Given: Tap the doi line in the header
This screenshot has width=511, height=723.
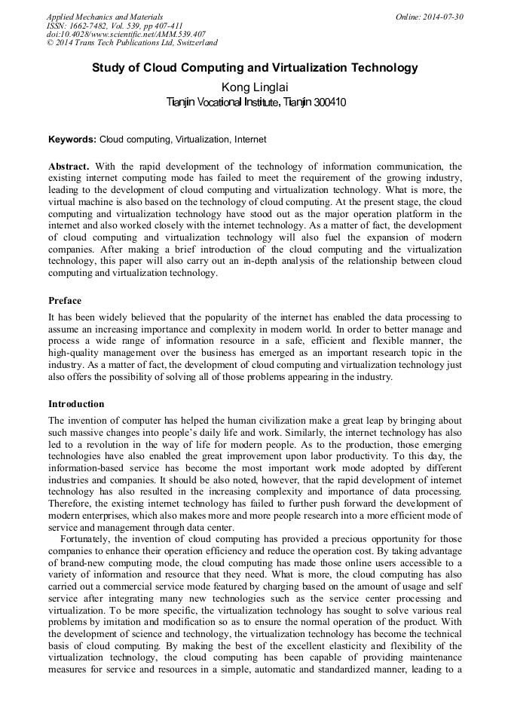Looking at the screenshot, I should coord(126,35).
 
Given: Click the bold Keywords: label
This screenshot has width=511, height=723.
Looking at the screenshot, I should coord(72,140).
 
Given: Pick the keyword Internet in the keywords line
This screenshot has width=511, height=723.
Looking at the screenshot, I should coord(249,140).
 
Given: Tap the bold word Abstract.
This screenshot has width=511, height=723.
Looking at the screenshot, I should coord(69,166).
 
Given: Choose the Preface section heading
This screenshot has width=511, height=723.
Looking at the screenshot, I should coord(65,301).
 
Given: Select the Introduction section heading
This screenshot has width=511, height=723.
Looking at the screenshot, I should coord(76,404).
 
